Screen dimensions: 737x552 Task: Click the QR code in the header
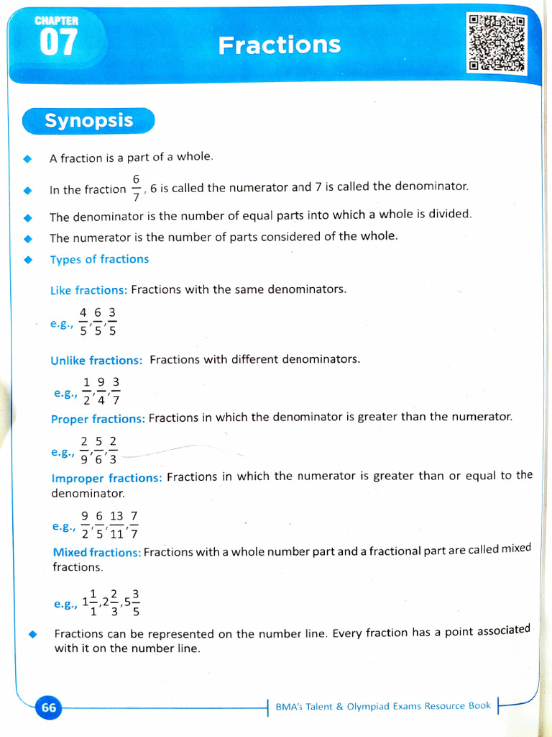click(x=496, y=44)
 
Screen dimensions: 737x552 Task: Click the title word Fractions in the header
click(x=280, y=45)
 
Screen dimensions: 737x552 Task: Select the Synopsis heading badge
click(x=88, y=120)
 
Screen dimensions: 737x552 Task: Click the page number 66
click(x=49, y=707)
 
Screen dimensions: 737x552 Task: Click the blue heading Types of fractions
click(x=99, y=259)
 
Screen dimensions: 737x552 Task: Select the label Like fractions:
click(x=88, y=290)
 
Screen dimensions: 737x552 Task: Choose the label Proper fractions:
click(x=98, y=419)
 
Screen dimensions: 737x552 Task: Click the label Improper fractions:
click(x=106, y=477)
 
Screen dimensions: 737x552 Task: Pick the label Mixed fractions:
click(x=96, y=552)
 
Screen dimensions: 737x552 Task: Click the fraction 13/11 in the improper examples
click(x=116, y=525)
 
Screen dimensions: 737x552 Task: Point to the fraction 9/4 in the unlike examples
click(x=101, y=391)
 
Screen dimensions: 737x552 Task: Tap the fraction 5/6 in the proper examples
click(x=98, y=451)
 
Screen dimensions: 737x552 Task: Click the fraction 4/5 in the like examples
click(x=83, y=321)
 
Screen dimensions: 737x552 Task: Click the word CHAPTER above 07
click(x=57, y=22)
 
